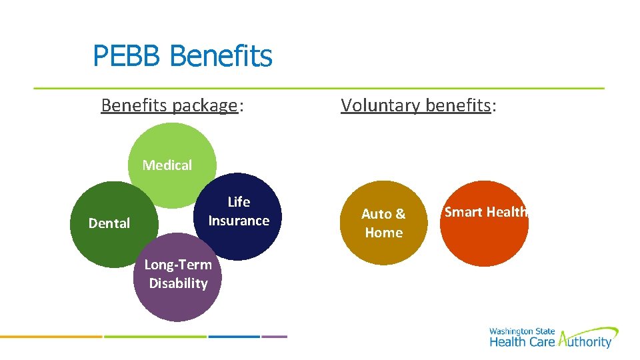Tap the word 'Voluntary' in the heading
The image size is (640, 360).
point(378,105)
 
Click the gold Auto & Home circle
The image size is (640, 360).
point(383,223)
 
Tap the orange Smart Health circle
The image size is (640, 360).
point(485,227)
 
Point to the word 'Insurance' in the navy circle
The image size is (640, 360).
point(239,221)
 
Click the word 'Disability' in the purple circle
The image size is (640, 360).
point(178,283)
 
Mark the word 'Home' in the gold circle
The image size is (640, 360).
point(384,233)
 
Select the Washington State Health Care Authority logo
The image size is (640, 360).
point(553,338)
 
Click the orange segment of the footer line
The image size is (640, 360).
point(51,337)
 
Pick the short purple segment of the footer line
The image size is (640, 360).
point(274,337)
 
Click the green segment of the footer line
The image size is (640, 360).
point(155,337)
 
